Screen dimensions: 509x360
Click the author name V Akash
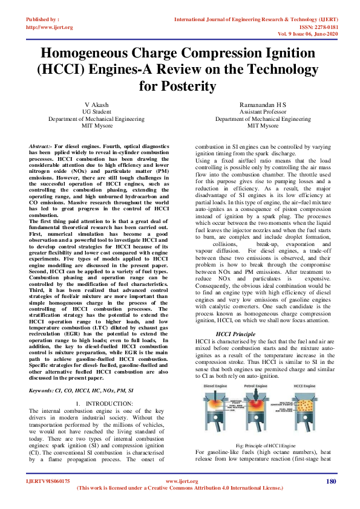point(97,105)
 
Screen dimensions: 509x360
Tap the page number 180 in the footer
point(330,481)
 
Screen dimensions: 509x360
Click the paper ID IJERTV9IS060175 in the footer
point(48,482)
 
